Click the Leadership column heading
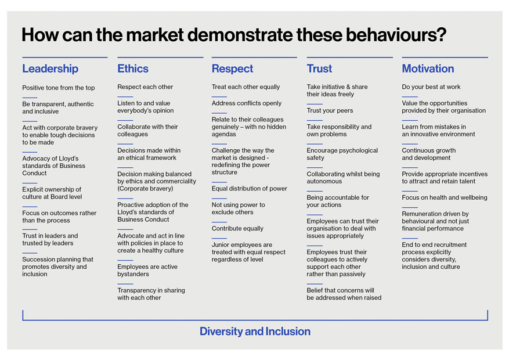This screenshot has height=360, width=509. click(50, 69)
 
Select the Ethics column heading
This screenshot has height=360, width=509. click(133, 69)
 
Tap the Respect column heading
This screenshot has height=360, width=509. click(232, 69)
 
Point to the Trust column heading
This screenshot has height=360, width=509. click(319, 69)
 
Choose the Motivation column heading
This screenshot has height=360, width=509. click(428, 69)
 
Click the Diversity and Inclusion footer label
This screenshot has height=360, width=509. click(255, 332)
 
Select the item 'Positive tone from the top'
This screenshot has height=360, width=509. click(59, 88)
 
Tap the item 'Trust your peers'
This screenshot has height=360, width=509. click(330, 110)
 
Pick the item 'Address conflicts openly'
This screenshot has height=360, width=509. click(247, 103)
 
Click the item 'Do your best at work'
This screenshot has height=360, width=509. click(431, 87)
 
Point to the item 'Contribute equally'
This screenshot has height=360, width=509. click(237, 229)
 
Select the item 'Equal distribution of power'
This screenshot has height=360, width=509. click(250, 189)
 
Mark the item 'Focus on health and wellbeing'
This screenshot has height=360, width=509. click(445, 197)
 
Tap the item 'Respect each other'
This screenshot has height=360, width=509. click(145, 87)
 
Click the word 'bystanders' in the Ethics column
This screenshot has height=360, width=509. click(133, 274)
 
